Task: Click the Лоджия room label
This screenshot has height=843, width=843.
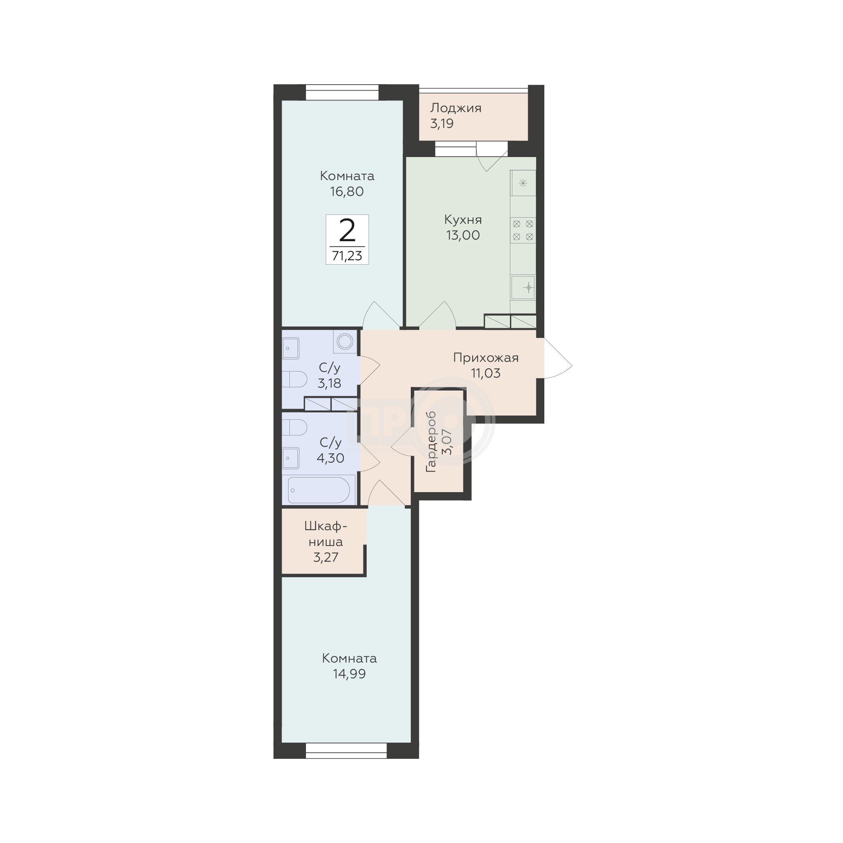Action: click(x=456, y=108)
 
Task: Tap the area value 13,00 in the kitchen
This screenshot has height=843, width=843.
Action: click(x=463, y=235)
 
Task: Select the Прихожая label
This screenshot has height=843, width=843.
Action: click(x=486, y=358)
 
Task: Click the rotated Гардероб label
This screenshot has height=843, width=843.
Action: click(x=431, y=442)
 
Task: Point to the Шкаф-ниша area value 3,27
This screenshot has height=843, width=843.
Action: click(x=325, y=557)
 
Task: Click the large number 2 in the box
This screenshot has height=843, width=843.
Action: click(x=347, y=231)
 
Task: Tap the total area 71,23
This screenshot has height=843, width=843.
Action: click(x=347, y=256)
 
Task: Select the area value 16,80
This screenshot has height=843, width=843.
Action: click(x=347, y=191)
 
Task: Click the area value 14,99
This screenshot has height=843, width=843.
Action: click(x=349, y=674)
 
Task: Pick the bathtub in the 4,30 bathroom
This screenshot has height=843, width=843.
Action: click(x=319, y=490)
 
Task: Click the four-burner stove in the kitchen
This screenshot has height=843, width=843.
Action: click(x=523, y=230)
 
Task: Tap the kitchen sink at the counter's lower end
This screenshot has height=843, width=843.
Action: click(x=523, y=288)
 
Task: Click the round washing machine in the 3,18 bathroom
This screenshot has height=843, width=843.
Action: click(x=345, y=341)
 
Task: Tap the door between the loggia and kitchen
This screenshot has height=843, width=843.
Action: click(x=492, y=156)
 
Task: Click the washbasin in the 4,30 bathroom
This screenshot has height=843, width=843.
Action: click(x=290, y=458)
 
